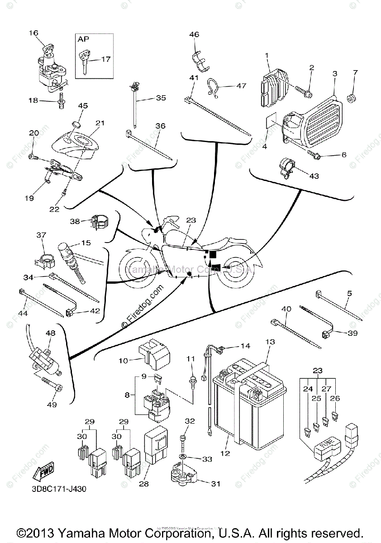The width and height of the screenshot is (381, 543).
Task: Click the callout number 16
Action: [x=34, y=33]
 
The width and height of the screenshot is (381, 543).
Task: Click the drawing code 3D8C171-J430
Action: [x=59, y=489]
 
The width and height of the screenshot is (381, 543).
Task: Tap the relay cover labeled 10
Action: [x=154, y=356]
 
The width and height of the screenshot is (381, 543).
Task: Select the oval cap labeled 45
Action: [x=76, y=125]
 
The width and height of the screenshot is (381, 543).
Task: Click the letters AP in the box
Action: [x=83, y=39]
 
